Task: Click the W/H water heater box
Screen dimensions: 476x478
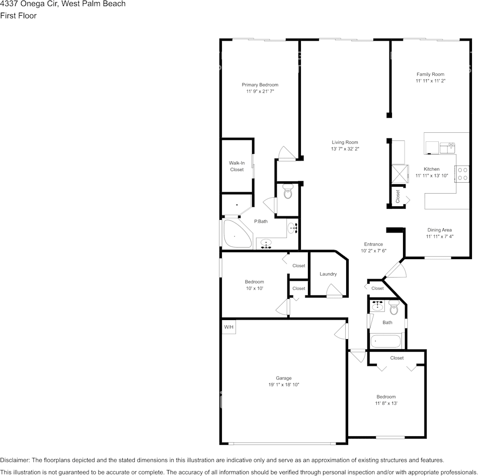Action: click(229, 327)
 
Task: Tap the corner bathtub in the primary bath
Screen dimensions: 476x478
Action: click(236, 234)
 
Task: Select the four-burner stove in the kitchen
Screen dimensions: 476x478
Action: click(462, 174)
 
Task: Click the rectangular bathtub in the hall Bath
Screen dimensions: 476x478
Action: click(385, 342)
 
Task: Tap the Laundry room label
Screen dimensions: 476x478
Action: click(328, 274)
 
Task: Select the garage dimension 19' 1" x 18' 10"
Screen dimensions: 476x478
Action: click(283, 384)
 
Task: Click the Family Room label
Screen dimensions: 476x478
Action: click(430, 74)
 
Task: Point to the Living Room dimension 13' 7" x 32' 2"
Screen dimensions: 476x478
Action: click(345, 149)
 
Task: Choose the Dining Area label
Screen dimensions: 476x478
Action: click(439, 230)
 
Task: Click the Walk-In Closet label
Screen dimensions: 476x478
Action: click(237, 166)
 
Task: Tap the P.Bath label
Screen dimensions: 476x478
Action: click(261, 221)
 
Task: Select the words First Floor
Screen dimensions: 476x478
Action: click(18, 16)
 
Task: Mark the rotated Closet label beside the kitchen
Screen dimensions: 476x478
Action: click(397, 195)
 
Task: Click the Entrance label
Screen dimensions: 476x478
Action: click(373, 244)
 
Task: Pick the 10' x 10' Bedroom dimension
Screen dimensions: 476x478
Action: click(254, 288)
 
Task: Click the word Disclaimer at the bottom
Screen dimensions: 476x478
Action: click(15, 460)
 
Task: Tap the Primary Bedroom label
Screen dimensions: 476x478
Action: click(260, 85)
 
